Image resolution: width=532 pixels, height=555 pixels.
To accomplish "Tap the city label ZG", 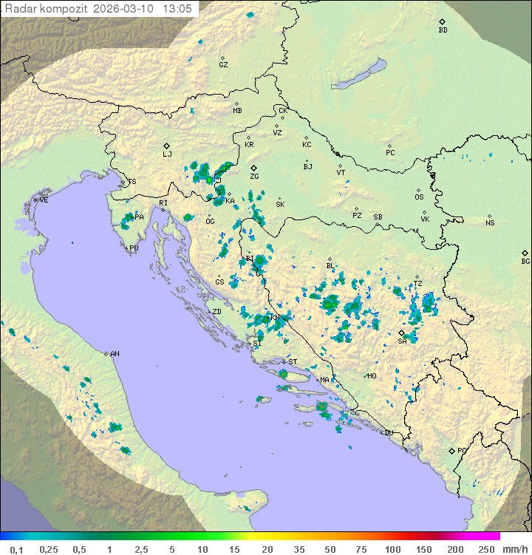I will coord(254,177).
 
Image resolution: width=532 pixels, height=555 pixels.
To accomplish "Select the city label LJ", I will coord(167,154).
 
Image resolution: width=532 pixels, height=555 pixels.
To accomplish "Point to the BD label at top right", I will coord(443,30).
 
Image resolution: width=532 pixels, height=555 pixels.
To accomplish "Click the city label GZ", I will coord(223,64).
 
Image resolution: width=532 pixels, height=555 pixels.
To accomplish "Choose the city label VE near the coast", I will coord(44,200).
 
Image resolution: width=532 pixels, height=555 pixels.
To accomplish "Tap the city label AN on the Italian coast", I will coord(115,354).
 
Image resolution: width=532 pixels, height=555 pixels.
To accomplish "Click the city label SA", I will coord(403,341).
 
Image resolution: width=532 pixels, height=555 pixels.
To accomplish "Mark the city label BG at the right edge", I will coord(525,261).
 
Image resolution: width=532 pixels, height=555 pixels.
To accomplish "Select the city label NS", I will coord(490,222).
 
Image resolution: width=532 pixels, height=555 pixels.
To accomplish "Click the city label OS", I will coord(419,197).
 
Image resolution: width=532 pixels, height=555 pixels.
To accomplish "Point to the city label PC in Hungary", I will coord(390,153).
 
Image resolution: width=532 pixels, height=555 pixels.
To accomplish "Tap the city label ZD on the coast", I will coord(216,312).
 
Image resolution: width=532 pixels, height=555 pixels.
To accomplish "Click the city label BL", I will coord(330,266).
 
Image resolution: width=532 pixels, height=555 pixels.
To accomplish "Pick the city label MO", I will coord(372,375).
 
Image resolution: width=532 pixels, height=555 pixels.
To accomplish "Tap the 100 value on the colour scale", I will coord(392,549).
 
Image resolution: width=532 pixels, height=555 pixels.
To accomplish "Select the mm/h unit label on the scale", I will coord(512,549).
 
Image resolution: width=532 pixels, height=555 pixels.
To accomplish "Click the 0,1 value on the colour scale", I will coord(16,549).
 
